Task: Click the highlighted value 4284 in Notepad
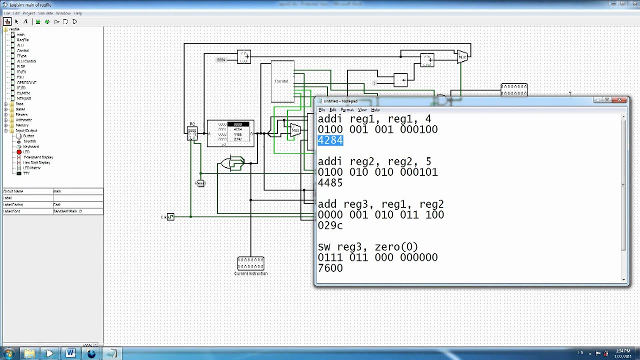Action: coord(330,140)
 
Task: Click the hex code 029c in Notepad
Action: coord(330,225)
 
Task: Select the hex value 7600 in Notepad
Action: coord(330,268)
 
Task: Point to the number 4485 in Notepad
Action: coord(330,183)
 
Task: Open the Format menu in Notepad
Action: coord(347,110)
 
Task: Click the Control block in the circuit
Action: coord(282,81)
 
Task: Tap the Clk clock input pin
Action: coord(170,216)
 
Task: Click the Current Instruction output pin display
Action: coord(250,263)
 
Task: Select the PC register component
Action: coord(192,133)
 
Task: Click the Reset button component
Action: coord(200,183)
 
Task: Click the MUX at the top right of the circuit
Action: coord(462,56)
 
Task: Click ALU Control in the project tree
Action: coord(26,61)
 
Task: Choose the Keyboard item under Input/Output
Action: coord(30,146)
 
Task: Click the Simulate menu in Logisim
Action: coord(45,13)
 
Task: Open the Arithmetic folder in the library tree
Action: coord(23,120)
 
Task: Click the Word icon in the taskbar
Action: coord(70,353)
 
